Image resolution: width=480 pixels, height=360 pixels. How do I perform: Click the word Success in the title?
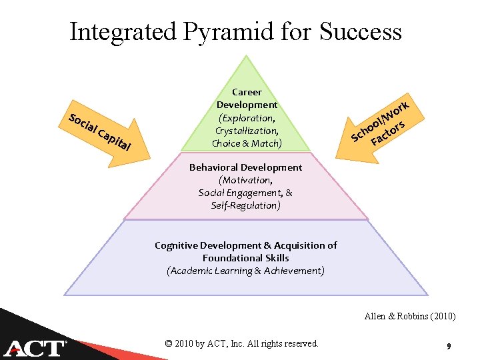(361, 31)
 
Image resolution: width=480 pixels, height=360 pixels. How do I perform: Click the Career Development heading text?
(247, 99)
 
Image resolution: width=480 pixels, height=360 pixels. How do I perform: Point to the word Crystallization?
(247, 131)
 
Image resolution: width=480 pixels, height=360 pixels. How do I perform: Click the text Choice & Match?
(247, 143)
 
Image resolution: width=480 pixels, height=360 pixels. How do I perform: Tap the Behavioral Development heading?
(245, 167)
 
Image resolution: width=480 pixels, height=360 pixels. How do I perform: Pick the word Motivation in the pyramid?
(245, 180)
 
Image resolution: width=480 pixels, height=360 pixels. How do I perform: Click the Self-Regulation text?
(245, 205)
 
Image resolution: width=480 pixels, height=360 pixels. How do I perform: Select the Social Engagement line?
(245, 193)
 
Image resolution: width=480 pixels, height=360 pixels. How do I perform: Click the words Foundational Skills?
(246, 258)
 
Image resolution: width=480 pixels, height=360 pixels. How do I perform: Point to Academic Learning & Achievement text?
(245, 271)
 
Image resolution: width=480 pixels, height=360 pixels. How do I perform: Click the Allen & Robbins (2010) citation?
(410, 317)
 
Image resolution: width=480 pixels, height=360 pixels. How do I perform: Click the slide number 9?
(449, 345)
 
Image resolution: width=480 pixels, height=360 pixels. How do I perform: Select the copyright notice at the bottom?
(241, 343)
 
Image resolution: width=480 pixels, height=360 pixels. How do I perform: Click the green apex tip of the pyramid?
(247, 63)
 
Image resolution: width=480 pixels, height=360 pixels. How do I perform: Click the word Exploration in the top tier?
(246, 118)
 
